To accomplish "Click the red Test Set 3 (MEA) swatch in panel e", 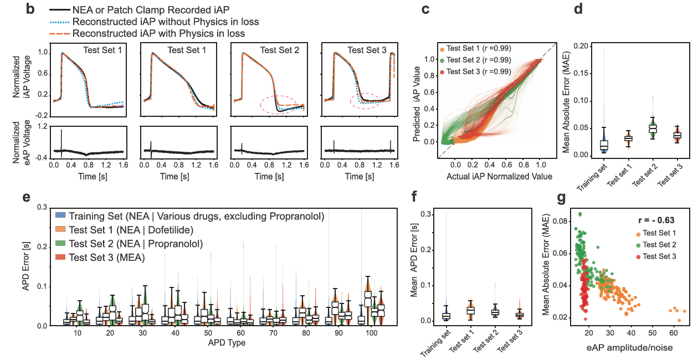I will point(59,257).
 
